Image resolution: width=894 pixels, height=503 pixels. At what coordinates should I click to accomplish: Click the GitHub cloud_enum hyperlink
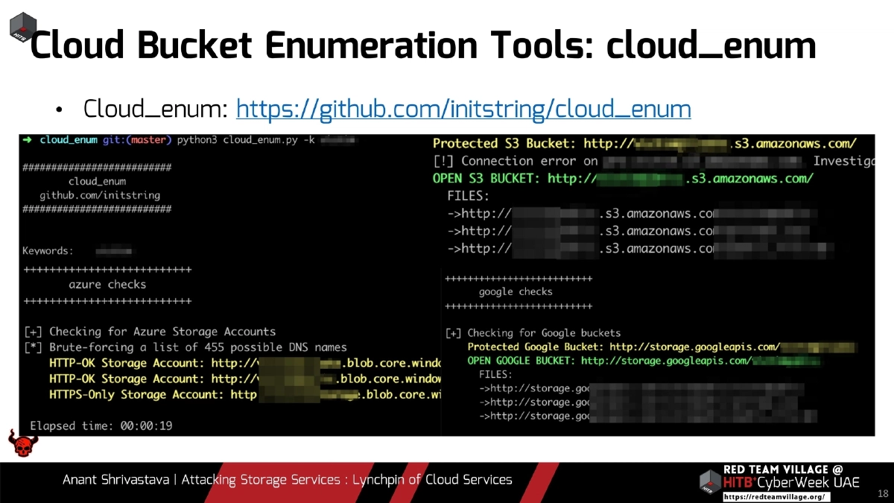[x=463, y=110]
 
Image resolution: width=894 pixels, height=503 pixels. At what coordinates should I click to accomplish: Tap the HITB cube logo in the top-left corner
[x=23, y=26]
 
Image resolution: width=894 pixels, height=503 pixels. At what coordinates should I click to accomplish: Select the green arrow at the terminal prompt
[x=27, y=140]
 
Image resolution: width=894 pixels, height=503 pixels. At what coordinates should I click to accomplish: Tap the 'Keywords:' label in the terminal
[x=48, y=251]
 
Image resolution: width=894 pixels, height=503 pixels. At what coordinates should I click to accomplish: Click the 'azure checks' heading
[x=107, y=285]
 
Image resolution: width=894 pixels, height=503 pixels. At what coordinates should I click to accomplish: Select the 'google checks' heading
[x=516, y=292]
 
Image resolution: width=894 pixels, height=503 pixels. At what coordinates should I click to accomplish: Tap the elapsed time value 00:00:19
[x=146, y=426]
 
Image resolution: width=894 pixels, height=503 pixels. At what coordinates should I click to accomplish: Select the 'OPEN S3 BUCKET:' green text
[x=486, y=179]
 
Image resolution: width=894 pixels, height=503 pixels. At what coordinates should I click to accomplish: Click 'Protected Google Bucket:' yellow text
[x=535, y=347]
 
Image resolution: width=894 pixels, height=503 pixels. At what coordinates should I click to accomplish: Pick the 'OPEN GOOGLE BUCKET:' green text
[x=521, y=361]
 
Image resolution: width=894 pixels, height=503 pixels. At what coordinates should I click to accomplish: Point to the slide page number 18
[x=883, y=493]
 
